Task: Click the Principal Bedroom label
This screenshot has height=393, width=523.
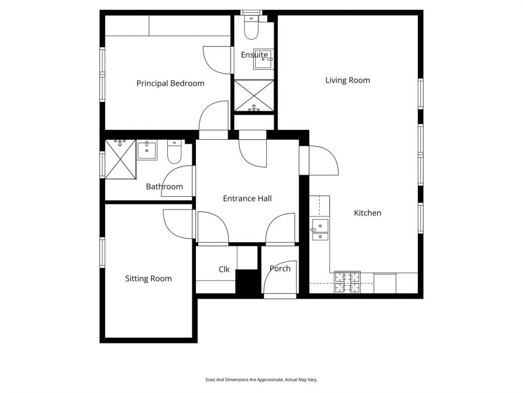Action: [x=170, y=83]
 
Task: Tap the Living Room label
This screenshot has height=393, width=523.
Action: [x=348, y=80]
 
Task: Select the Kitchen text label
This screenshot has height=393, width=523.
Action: [x=368, y=213]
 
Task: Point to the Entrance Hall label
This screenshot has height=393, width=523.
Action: [x=247, y=199]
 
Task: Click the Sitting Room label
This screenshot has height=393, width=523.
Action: [x=148, y=279]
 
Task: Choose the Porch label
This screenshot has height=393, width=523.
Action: [x=280, y=268]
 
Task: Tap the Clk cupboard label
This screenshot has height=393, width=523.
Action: [x=224, y=270]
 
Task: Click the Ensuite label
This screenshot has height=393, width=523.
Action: [x=255, y=55]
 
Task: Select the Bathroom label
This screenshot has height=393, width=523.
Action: [x=164, y=187]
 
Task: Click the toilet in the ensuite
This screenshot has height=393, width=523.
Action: [x=251, y=28]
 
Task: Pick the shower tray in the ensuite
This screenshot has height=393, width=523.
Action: [x=254, y=95]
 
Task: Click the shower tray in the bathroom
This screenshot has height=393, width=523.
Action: [x=120, y=159]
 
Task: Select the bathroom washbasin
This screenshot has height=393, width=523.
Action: [x=147, y=150]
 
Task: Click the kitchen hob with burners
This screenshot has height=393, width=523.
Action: [x=347, y=282]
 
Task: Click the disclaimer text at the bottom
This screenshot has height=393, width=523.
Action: [x=261, y=380]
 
